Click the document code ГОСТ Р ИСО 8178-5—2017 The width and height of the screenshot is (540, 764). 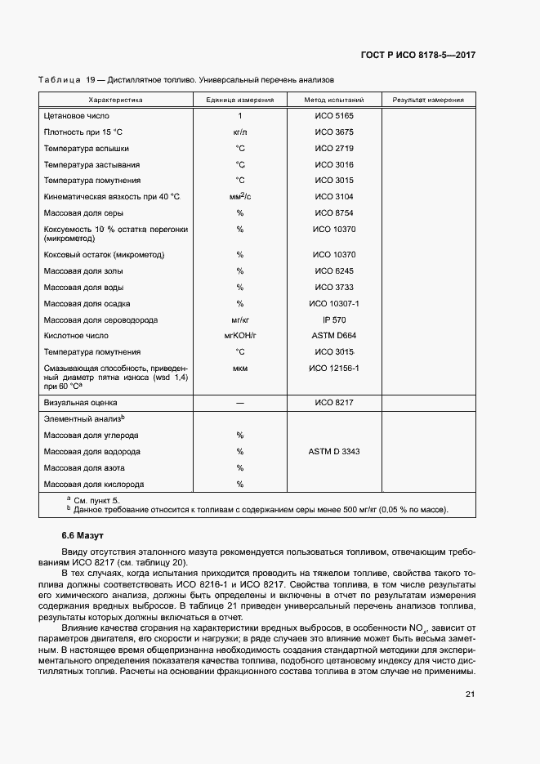click(417, 55)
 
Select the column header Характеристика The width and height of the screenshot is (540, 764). click(115, 100)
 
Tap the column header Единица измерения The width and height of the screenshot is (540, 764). click(239, 100)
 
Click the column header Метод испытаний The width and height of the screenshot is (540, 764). click(333, 100)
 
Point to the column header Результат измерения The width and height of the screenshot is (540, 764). click(428, 100)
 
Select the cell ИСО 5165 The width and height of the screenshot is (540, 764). click(333, 116)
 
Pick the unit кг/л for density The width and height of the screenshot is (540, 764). click(239, 132)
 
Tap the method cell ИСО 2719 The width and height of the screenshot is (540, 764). click(333, 149)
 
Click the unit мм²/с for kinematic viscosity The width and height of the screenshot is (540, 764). click(239, 197)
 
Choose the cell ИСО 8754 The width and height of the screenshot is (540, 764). click(333, 213)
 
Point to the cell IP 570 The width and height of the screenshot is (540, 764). click(333, 319)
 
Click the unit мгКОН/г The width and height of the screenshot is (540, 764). click(239, 336)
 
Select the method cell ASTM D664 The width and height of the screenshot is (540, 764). click(333, 336)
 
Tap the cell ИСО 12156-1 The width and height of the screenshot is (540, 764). click(333, 369)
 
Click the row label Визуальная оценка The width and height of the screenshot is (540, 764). click(81, 403)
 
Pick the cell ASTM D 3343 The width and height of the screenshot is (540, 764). click(333, 451)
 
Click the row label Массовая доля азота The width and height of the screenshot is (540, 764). click(86, 467)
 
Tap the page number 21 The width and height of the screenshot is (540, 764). click(470, 695)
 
